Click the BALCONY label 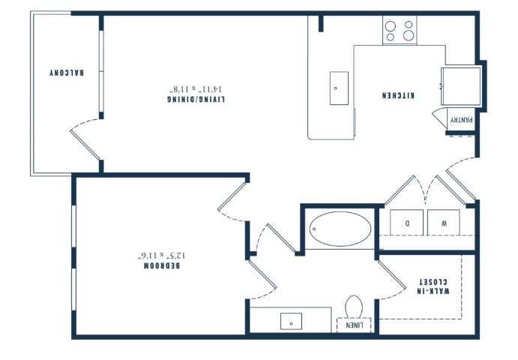click(x=67, y=73)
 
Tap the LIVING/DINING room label click(x=196, y=99)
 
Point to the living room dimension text click(x=197, y=89)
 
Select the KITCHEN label click(x=398, y=95)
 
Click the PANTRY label click(x=462, y=120)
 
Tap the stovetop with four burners click(x=400, y=31)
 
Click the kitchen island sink click(x=339, y=88)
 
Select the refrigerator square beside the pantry click(x=461, y=86)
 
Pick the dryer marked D click(x=406, y=223)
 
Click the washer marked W click(x=444, y=223)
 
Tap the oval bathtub click(x=340, y=229)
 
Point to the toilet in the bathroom click(x=354, y=307)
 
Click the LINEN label click(x=354, y=325)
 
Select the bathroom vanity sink click(x=291, y=321)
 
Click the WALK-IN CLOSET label click(x=433, y=286)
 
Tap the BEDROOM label click(x=162, y=265)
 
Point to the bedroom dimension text click(x=161, y=255)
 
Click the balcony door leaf click(x=85, y=145)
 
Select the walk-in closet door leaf click(x=392, y=274)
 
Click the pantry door click(x=440, y=118)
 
